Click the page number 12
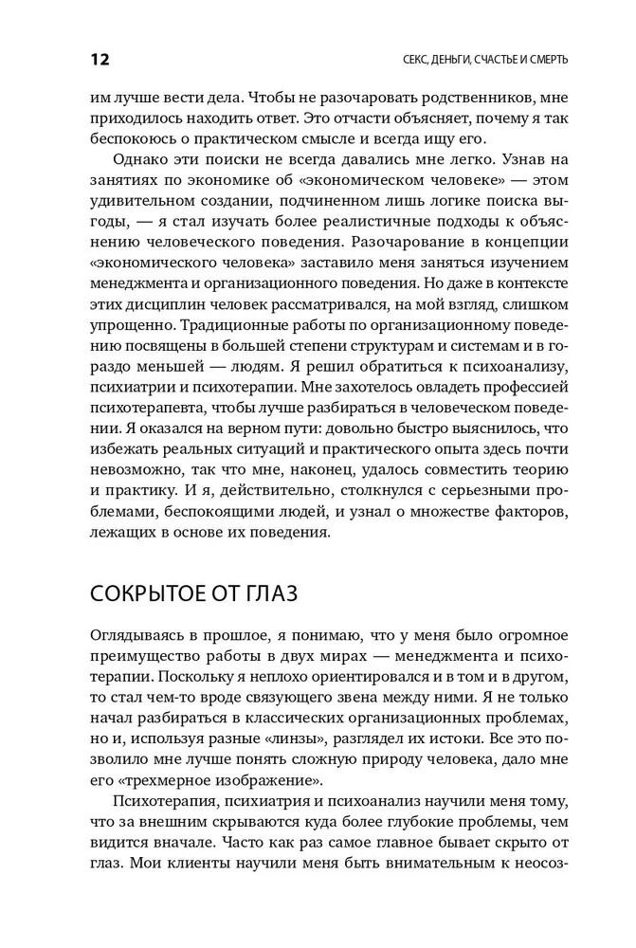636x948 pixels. click(x=100, y=60)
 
